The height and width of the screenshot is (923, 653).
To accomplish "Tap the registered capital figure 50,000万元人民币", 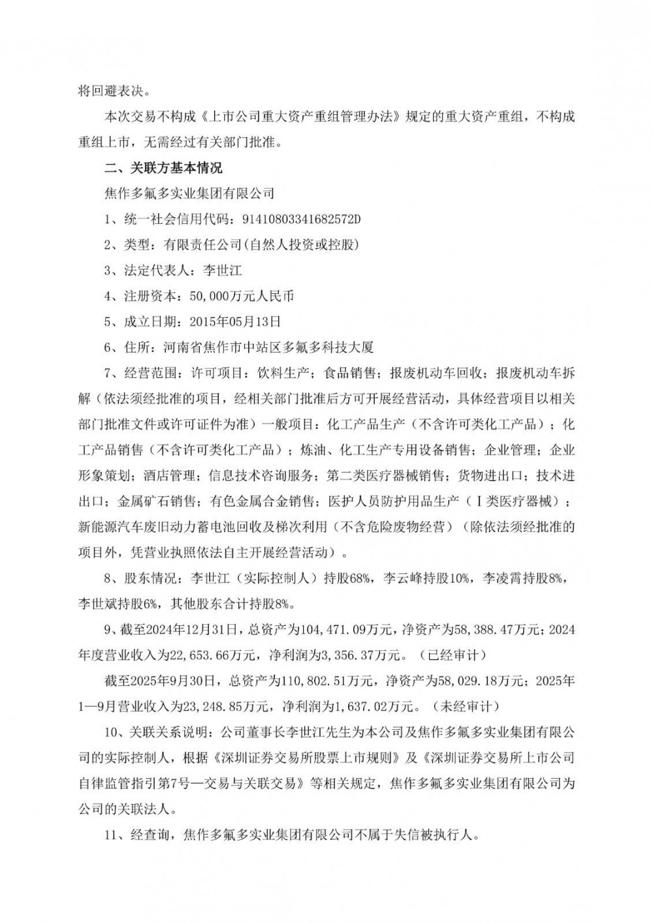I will pyautogui.click(x=242, y=296).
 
